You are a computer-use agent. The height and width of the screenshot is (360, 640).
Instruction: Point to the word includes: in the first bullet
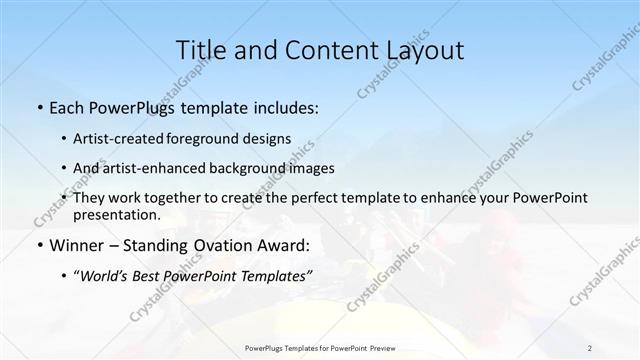(281, 105)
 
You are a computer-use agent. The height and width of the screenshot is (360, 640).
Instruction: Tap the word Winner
(75, 244)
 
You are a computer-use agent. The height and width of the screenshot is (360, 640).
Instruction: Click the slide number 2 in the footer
(590, 347)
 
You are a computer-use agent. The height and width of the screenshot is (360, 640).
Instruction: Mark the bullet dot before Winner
(38, 245)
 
